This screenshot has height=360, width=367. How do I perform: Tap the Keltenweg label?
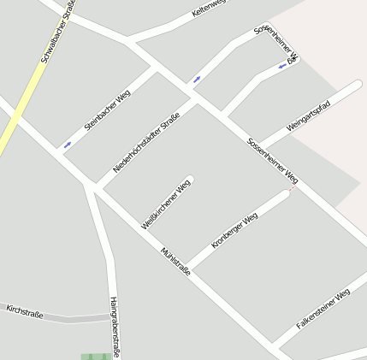coord(209,9)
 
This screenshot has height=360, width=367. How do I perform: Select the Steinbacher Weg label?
coord(107,110)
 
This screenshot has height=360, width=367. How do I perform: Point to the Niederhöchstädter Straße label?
coord(146,141)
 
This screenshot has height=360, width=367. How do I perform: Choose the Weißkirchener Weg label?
coord(166,204)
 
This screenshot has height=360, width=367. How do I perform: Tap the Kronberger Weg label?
coord(234,231)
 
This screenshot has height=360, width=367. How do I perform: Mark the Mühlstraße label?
coord(175,262)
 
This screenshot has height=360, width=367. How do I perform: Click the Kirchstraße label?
coord(24,310)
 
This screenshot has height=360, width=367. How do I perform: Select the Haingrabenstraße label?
coord(114,326)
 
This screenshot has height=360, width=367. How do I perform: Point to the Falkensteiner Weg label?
coord(323,310)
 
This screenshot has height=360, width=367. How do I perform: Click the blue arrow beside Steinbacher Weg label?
coord(68,145)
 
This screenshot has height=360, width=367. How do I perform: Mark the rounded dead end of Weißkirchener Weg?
coord(189,180)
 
